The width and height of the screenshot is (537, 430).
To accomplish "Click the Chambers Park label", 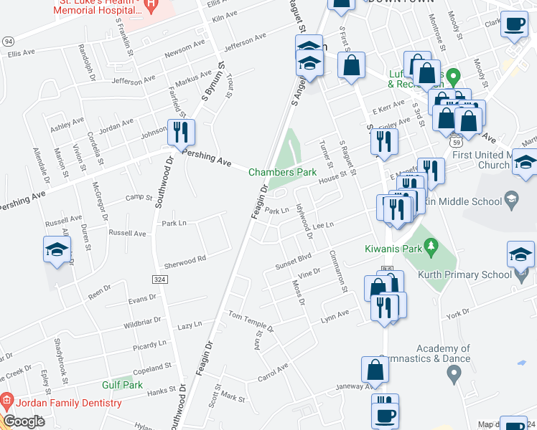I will pyautogui.click(x=283, y=172).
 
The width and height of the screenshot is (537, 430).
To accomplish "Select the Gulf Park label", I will pyautogui.click(x=122, y=385).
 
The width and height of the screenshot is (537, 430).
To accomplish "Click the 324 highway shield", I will pyautogui.click(x=160, y=277).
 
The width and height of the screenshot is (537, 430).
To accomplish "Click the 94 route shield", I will pyautogui.click(x=8, y=42).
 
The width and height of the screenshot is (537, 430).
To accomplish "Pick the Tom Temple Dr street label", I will pyautogui.click(x=251, y=320).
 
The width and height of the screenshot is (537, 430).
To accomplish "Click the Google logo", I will pyautogui.click(x=24, y=421).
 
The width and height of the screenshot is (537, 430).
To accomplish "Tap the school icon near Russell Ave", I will pyautogui.click(x=57, y=251).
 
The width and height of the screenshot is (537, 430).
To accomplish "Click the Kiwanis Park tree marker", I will pyautogui.click(x=431, y=247).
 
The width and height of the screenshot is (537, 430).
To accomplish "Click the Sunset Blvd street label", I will pyautogui.click(x=293, y=261).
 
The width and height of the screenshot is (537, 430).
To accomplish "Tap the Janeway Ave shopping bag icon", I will pyautogui.click(x=375, y=371).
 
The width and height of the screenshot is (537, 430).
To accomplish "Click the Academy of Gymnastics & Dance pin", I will pyautogui.click(x=453, y=373).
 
